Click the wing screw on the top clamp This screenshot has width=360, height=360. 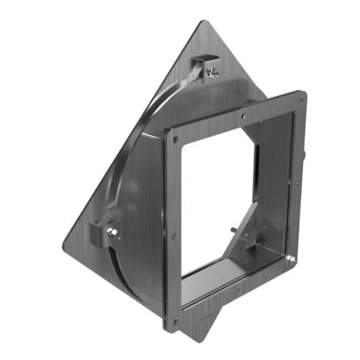coord(212,71)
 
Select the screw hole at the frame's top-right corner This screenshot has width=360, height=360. coord(300,96)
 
